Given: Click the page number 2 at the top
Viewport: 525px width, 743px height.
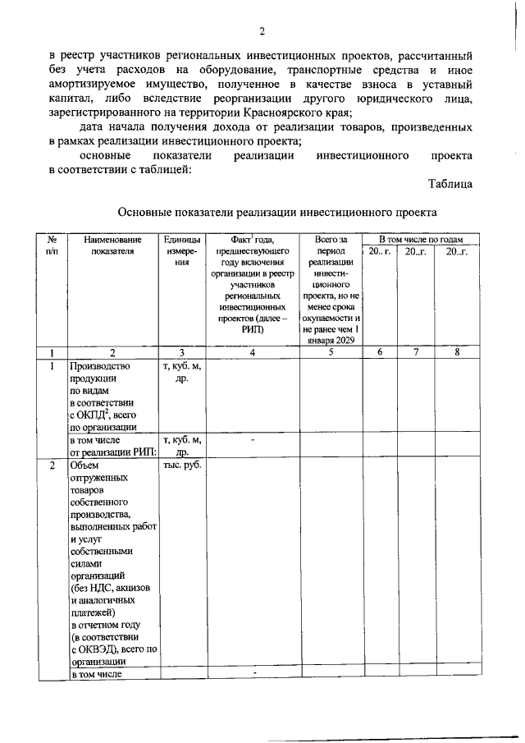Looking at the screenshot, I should coord(262,32).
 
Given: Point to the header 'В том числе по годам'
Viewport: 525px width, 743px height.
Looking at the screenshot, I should coord(422,238).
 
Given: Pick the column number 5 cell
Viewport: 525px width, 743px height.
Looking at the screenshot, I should coord(331,352).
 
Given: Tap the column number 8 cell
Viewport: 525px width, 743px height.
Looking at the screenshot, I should coord(457,352).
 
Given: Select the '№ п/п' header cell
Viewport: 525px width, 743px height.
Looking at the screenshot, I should coord(52,245).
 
